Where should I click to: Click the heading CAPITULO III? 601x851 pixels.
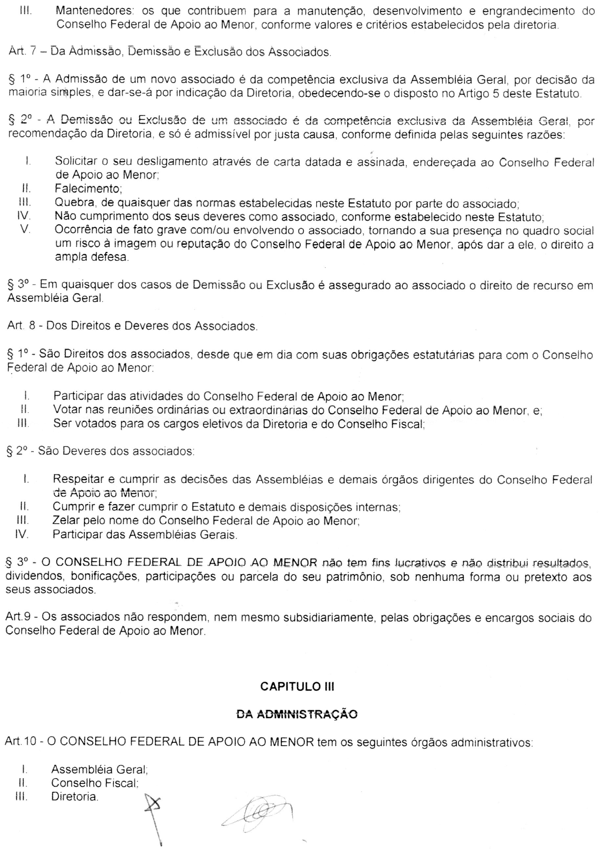pyautogui.click(x=297, y=686)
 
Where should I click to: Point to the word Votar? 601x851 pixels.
pyautogui.click(x=66, y=410)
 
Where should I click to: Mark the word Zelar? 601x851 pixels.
pyautogui.click(x=66, y=521)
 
